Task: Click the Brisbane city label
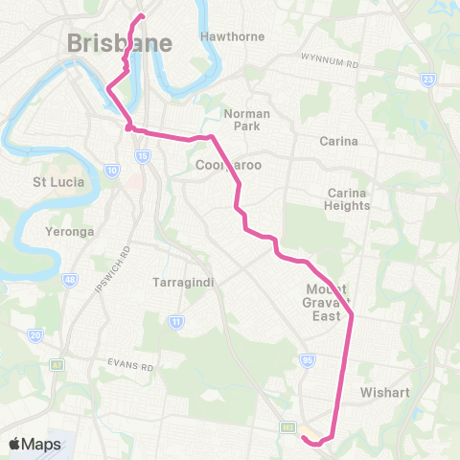[120, 44]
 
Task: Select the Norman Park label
[246, 120]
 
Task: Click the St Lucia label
[58, 181]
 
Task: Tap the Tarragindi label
[180, 283]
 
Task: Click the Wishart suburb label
[385, 392]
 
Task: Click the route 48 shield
[69, 279]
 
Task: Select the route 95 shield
[307, 359]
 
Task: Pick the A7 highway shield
[57, 364]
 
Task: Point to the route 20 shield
[35, 334]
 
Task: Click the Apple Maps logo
[34, 444]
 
